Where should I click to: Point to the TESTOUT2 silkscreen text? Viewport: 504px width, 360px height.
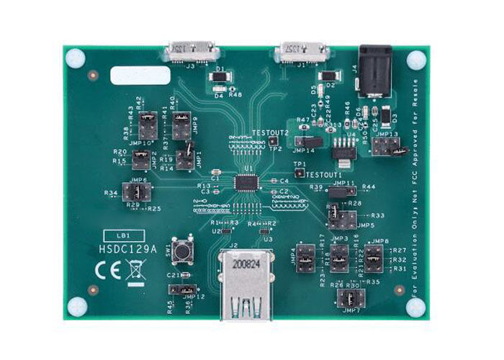click(x=270, y=132)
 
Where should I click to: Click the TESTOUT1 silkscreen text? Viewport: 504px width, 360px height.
click(x=324, y=174)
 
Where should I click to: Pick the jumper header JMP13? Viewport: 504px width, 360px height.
click(x=389, y=146)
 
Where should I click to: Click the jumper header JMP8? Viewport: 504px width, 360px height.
click(x=374, y=256)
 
